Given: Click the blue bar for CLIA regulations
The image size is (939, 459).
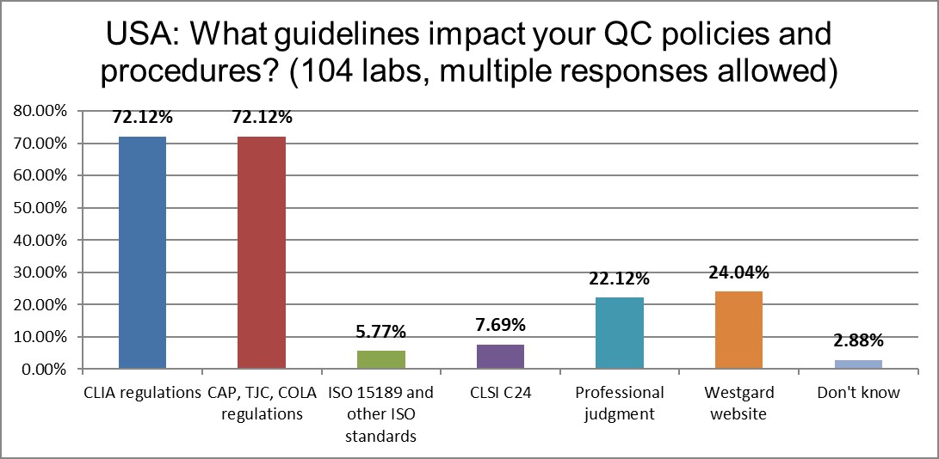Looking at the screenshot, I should coord(142,253).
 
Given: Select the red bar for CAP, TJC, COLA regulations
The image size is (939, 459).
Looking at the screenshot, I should coord(262,253).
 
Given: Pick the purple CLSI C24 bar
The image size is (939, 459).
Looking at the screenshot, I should coord(500,357).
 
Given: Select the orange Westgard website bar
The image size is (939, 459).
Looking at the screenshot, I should coord(738,330).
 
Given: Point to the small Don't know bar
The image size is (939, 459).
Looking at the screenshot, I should coord(858,365).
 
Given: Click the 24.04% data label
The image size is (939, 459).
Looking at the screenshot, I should coord(738,273).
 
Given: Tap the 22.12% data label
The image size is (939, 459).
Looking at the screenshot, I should coord(620,279).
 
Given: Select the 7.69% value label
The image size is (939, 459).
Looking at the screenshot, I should coord(500,326).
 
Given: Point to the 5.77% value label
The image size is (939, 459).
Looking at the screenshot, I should coord(380,332).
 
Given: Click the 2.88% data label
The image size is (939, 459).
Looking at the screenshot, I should coord(858,341).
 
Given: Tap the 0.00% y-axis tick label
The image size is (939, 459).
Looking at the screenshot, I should coord(44,370).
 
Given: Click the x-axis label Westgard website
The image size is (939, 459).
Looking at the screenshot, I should coord(738,401).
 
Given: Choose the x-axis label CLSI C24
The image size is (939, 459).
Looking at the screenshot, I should coord(500,393).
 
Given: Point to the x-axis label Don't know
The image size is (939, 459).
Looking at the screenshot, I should coord(858,393).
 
